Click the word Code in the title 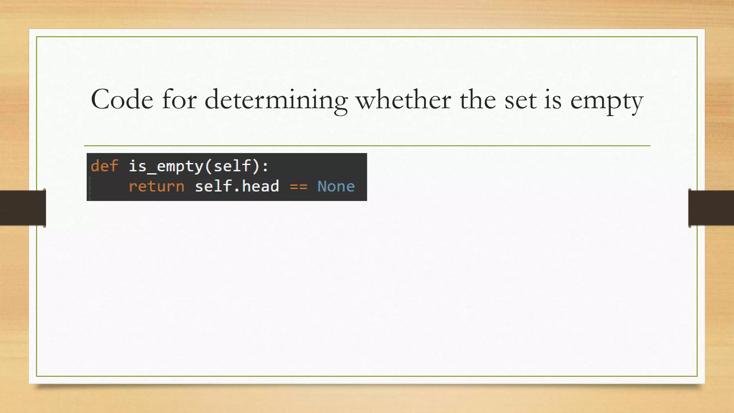[x=122, y=100]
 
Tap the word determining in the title [x=276, y=100]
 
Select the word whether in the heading [x=403, y=100]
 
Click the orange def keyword [x=104, y=166]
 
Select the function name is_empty [x=166, y=166]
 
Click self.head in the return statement [x=237, y=186]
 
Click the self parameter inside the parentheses [x=232, y=166]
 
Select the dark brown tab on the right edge [x=711, y=208]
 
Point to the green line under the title [x=367, y=146]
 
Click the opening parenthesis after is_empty [x=209, y=166]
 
